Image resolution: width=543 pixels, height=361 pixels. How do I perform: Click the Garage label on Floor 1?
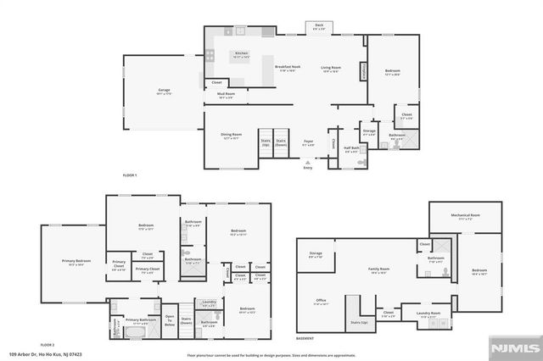click(x=164, y=90)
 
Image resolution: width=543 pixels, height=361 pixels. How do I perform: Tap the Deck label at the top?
click(x=319, y=27)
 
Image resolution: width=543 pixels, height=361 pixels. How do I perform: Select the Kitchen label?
click(x=242, y=55)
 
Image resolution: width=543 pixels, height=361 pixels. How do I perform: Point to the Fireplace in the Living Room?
click(x=364, y=70)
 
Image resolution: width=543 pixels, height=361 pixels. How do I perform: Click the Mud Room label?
click(x=226, y=96)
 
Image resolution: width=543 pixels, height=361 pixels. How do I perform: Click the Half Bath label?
click(x=350, y=150)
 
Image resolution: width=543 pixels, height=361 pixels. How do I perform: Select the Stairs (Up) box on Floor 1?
click(x=265, y=143)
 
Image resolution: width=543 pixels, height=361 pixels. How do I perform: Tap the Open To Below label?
click(x=169, y=321)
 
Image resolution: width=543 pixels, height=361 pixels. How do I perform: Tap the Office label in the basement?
click(x=322, y=301)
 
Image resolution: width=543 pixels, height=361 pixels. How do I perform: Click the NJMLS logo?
click(x=514, y=347)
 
